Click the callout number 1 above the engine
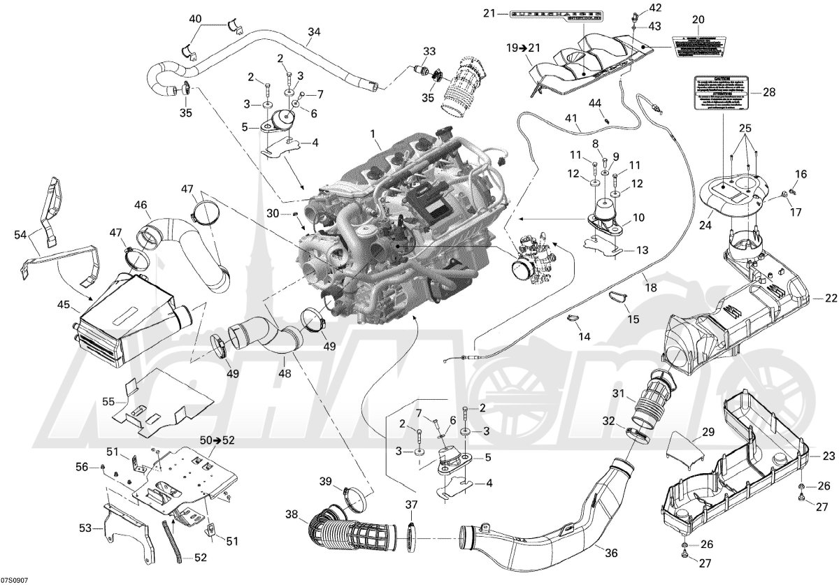[373, 133]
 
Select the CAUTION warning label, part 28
[721, 91]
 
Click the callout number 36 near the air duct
[611, 553]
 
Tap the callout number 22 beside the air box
[829, 298]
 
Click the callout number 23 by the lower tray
[829, 456]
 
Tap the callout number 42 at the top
[654, 8]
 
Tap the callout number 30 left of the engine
[273, 212]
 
